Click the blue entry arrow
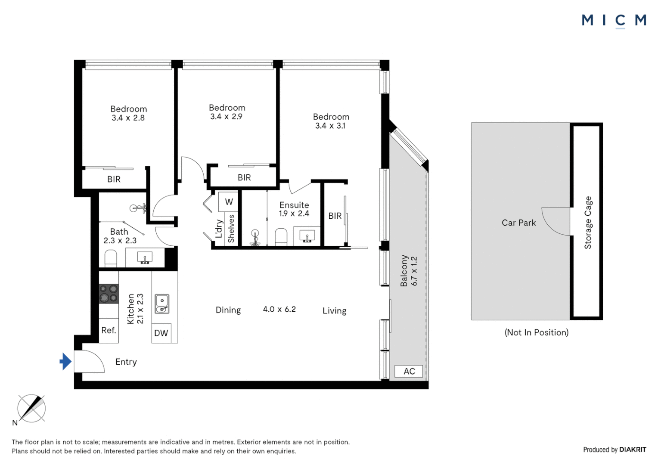point(65,361)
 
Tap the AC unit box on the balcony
point(409,371)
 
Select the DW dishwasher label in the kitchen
point(161,333)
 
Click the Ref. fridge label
point(109,330)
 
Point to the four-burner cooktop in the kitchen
point(109,294)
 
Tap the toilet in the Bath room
point(111,258)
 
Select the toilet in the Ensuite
point(281,236)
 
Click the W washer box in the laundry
point(229,201)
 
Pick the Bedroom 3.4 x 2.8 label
point(128,113)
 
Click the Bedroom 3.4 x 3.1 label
point(331,121)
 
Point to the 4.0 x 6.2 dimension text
point(279,309)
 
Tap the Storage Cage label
point(588,223)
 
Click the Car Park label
point(518,223)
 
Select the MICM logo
point(614,20)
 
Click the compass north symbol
point(31,408)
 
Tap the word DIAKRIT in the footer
point(633,449)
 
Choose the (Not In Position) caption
point(536,332)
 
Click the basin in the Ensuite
point(307,236)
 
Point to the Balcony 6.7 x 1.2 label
point(409,270)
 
